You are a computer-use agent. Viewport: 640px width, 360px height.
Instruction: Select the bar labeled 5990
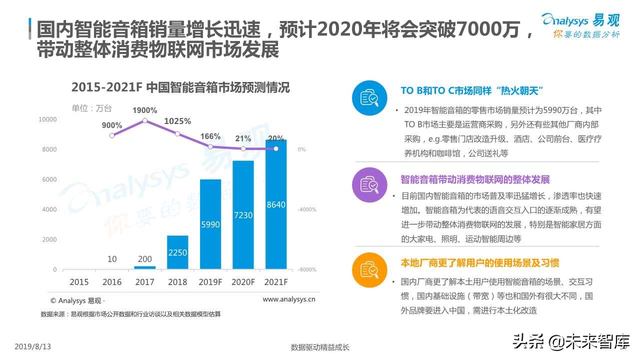(x=210, y=224)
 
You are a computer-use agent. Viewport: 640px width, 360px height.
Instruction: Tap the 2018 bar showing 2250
(x=177, y=252)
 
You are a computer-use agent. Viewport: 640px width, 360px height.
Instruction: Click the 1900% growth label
(x=144, y=110)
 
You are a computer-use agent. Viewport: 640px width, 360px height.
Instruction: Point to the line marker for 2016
(x=112, y=135)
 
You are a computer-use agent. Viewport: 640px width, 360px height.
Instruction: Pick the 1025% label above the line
(x=177, y=121)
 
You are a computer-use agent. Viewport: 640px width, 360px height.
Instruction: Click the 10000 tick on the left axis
(x=48, y=119)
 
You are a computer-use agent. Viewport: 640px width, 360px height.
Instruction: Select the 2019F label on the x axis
(x=210, y=282)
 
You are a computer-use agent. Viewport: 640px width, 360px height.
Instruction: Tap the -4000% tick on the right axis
(x=307, y=209)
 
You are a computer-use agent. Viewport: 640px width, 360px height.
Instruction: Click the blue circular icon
(x=369, y=98)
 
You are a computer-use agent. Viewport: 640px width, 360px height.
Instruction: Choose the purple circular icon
(x=369, y=184)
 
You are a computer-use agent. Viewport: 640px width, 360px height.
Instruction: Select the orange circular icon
(x=369, y=270)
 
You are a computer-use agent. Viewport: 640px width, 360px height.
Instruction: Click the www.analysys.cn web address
(x=288, y=299)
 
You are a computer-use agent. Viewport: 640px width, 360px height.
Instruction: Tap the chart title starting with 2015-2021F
(x=180, y=87)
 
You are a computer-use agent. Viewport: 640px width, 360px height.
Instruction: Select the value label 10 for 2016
(x=112, y=259)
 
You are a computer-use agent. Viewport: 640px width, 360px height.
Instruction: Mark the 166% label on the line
(x=210, y=136)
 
